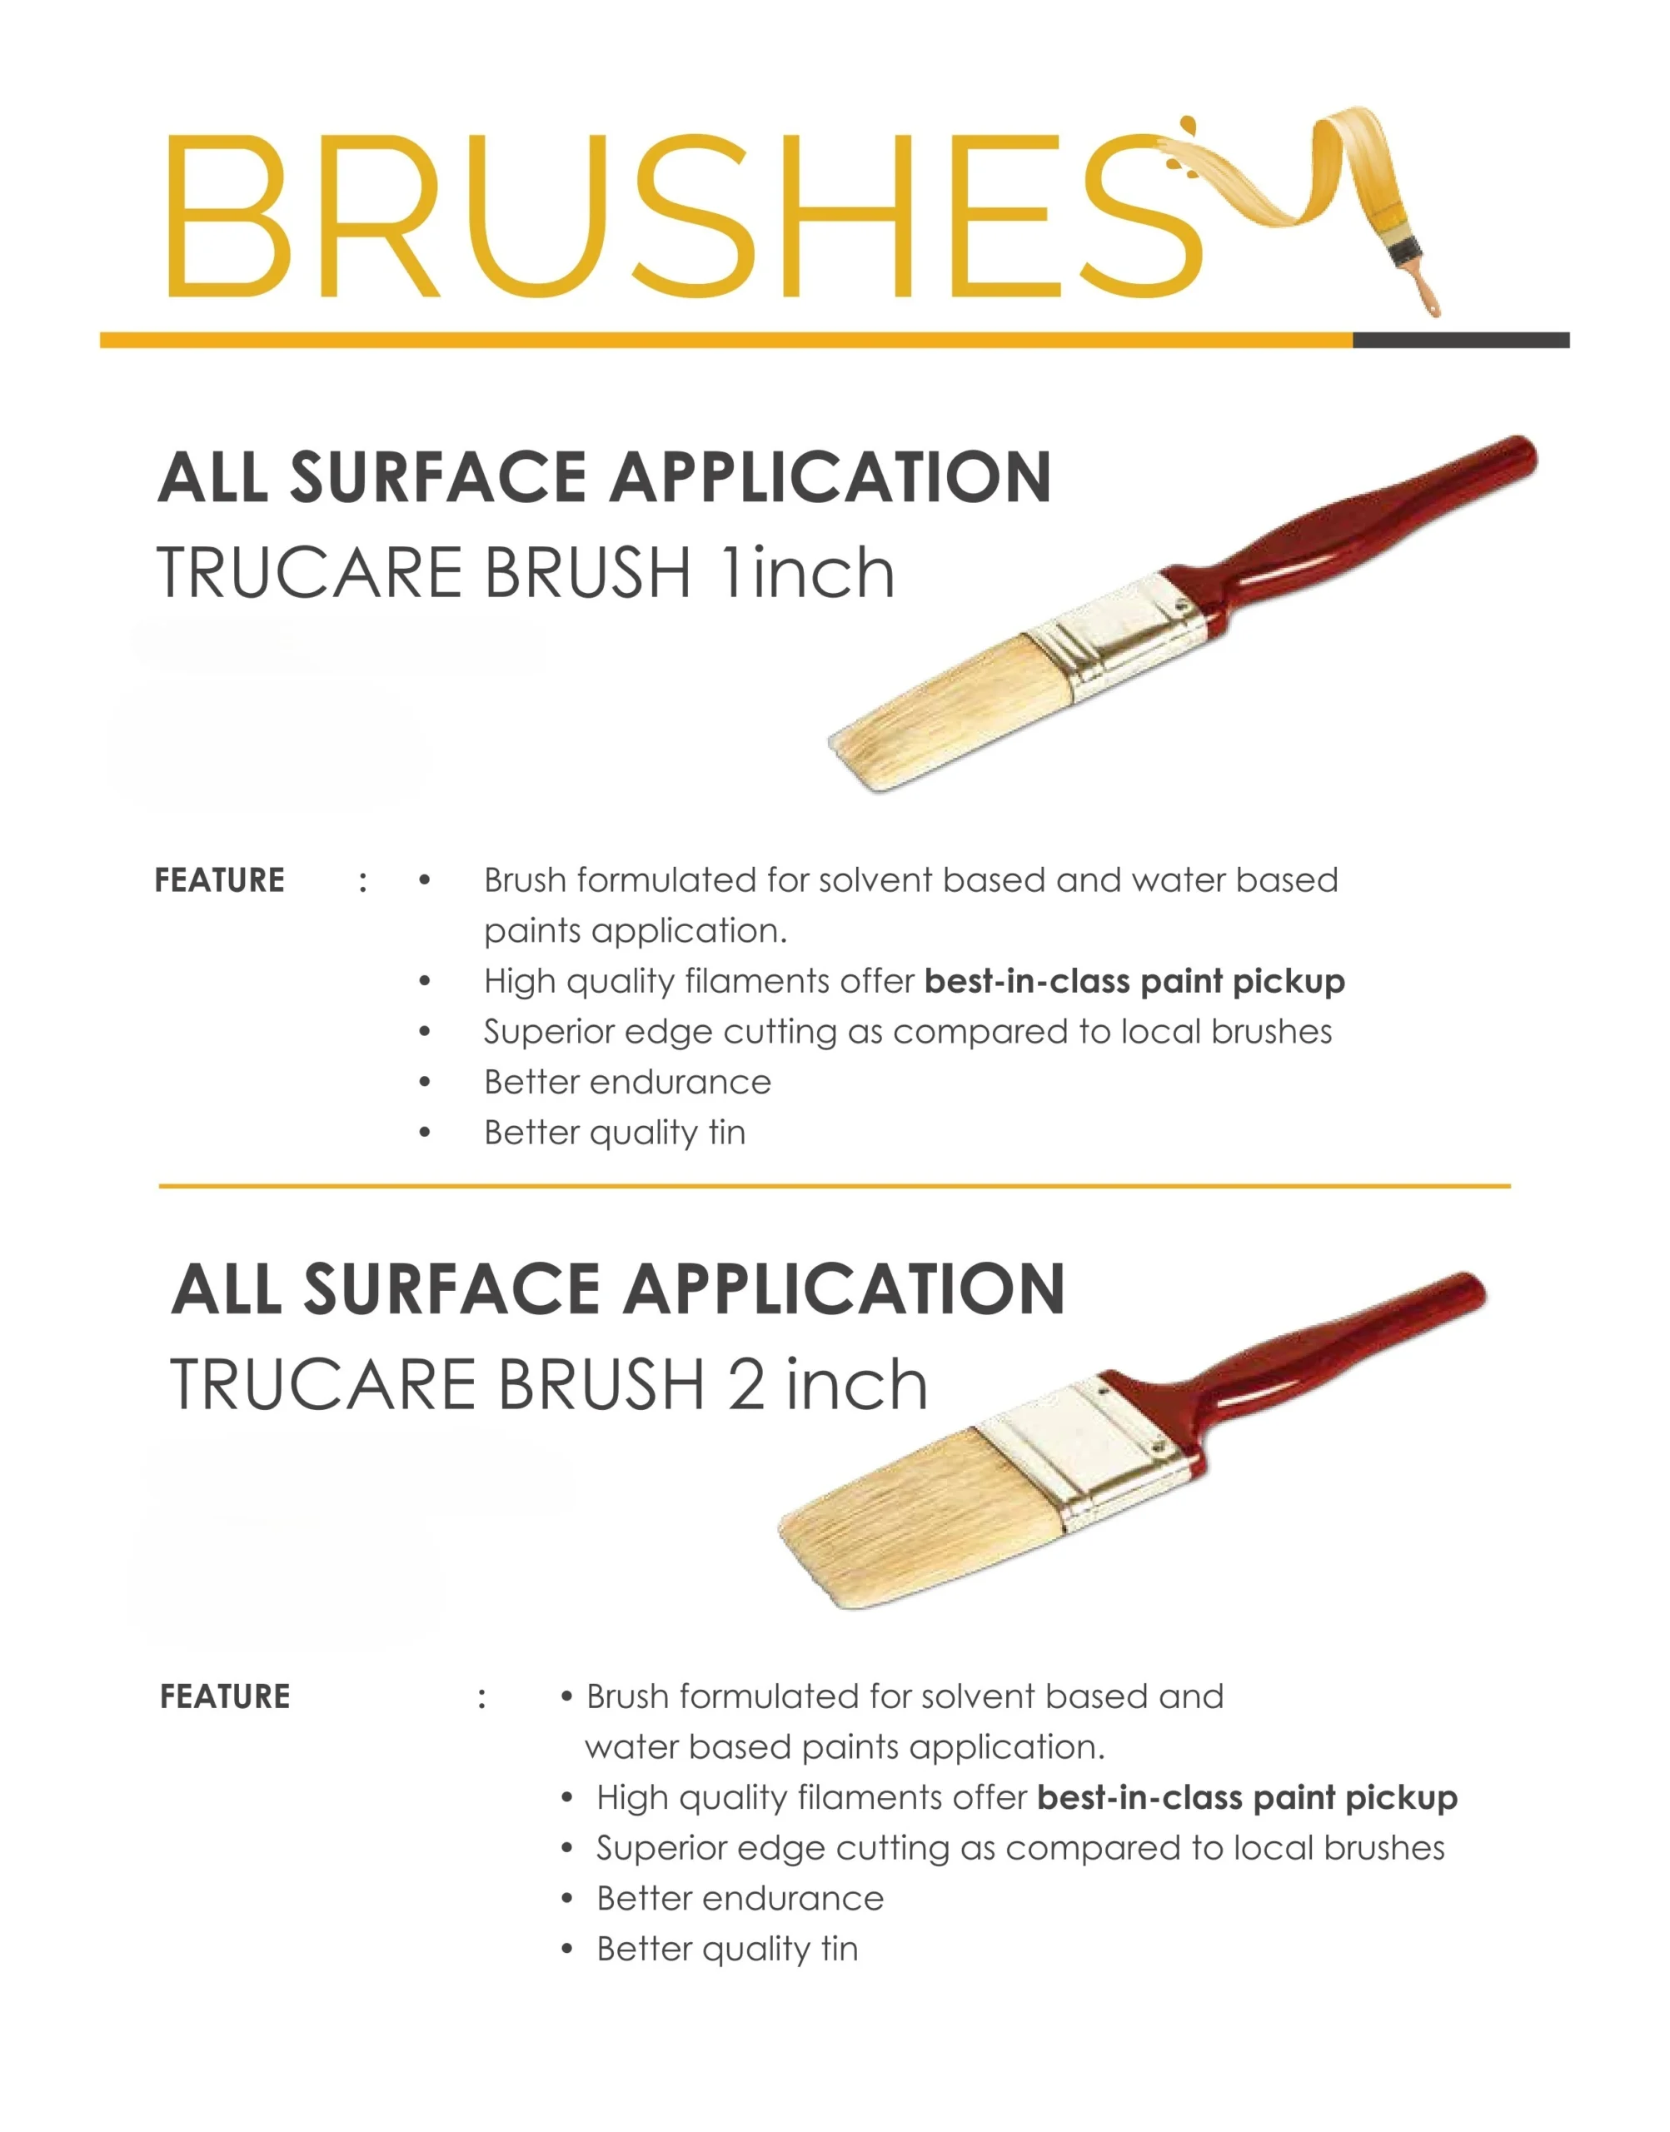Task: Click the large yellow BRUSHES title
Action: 685,215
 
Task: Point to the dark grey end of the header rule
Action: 1461,340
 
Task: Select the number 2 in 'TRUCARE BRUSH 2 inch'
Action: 745,1385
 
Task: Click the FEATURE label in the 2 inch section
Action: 225,1696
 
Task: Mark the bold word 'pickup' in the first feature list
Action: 1289,981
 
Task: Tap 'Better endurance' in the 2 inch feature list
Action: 740,1898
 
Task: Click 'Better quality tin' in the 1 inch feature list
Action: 615,1133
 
